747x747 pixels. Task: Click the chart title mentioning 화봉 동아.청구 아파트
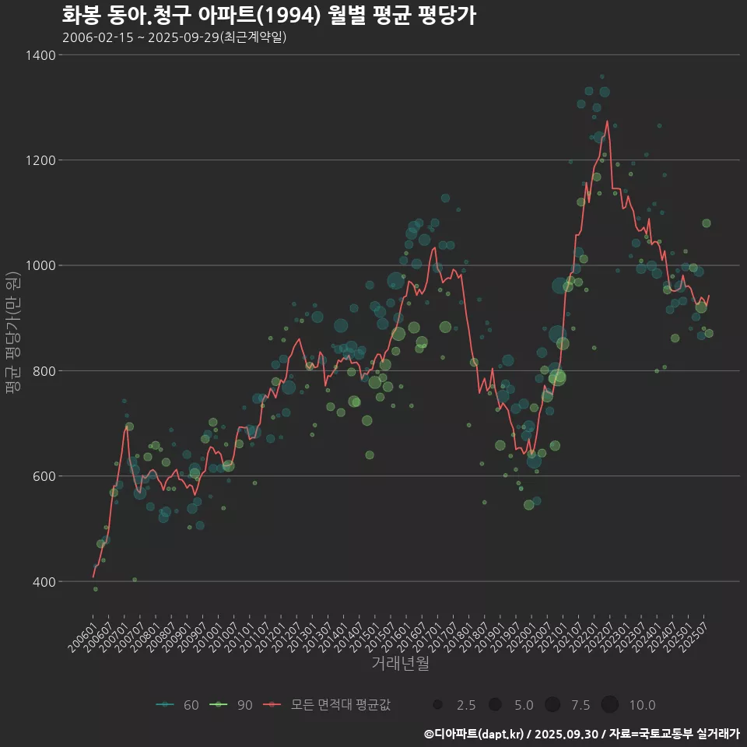268,16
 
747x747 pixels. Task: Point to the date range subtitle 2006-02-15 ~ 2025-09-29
174,37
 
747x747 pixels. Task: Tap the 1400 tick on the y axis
40,55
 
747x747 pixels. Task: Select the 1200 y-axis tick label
40,160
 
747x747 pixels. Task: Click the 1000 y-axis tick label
40,265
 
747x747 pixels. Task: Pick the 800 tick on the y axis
43,371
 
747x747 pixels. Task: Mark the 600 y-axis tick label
43,476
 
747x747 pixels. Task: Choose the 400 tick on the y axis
43,581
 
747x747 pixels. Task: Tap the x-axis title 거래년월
400,664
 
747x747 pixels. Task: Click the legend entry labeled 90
233,705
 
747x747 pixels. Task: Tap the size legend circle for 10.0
609,705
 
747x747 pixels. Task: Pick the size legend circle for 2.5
438,705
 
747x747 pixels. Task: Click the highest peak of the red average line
607,121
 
